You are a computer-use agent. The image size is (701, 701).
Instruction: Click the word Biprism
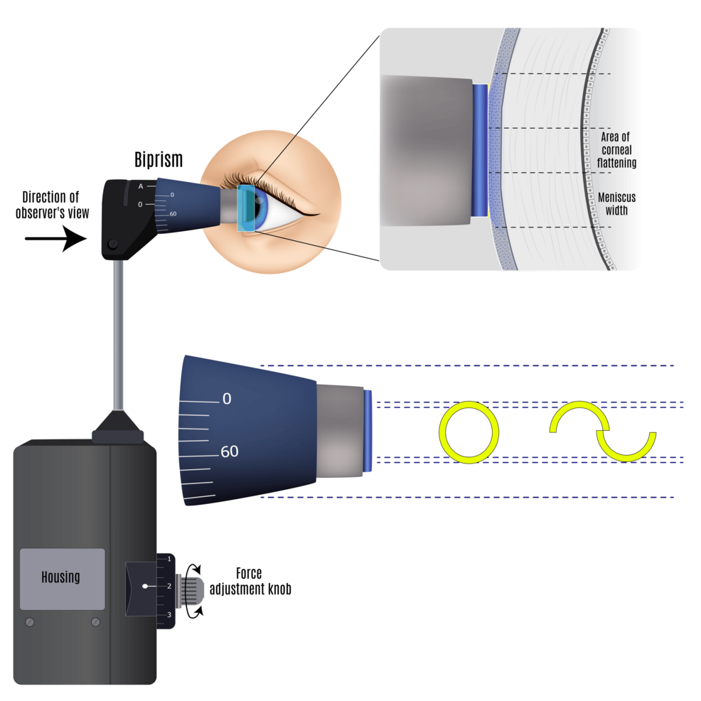click(x=159, y=160)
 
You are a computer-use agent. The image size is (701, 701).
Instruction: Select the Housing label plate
click(x=62, y=578)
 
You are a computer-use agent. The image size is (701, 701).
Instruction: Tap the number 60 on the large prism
click(x=229, y=451)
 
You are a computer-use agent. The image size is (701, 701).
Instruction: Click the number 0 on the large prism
click(x=226, y=399)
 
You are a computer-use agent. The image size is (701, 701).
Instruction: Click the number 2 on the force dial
click(x=169, y=587)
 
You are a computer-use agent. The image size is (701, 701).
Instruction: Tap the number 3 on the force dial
click(x=169, y=614)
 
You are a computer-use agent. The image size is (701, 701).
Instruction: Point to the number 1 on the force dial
click(x=169, y=560)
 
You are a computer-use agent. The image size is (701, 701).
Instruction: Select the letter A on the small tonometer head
click(x=141, y=186)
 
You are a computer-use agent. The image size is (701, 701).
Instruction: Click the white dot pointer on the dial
click(x=144, y=587)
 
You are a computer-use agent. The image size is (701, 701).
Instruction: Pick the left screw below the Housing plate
click(x=29, y=622)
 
